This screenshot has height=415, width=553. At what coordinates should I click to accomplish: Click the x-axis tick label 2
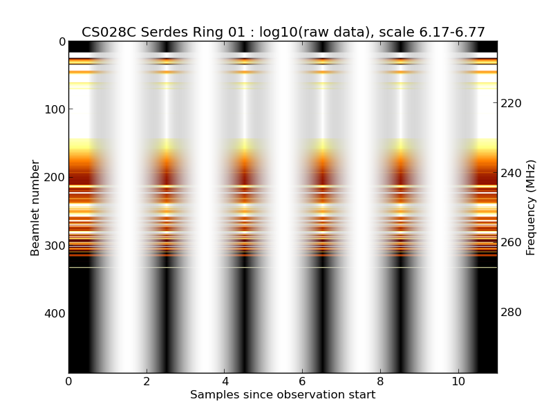(x=147, y=381)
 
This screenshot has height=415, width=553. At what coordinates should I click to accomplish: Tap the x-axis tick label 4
(x=225, y=381)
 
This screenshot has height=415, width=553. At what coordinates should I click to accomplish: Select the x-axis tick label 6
(x=302, y=381)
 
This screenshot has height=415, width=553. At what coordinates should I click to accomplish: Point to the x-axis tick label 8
(x=380, y=381)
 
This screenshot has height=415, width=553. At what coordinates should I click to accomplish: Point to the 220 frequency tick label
(x=511, y=103)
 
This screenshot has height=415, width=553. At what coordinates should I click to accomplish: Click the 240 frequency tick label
(x=511, y=173)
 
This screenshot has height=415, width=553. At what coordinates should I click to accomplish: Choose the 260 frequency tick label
(x=511, y=243)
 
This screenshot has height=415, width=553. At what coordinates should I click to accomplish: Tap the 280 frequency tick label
(x=511, y=313)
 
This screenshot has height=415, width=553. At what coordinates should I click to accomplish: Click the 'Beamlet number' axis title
(x=35, y=207)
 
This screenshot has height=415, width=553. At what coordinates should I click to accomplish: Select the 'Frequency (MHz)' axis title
(x=531, y=207)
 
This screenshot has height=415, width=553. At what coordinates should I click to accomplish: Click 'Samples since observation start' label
(x=283, y=395)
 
